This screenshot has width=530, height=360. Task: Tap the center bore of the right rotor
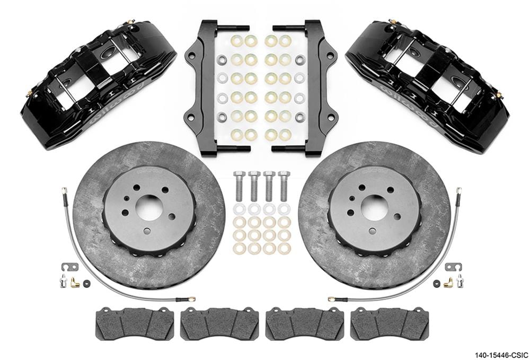tap(375, 207)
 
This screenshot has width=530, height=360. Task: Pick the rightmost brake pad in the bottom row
tap(390, 324)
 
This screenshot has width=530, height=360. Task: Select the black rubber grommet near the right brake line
tap(437, 284)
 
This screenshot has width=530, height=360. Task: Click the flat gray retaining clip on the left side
tap(69, 266)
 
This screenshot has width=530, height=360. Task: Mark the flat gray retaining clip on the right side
tap(454, 266)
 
